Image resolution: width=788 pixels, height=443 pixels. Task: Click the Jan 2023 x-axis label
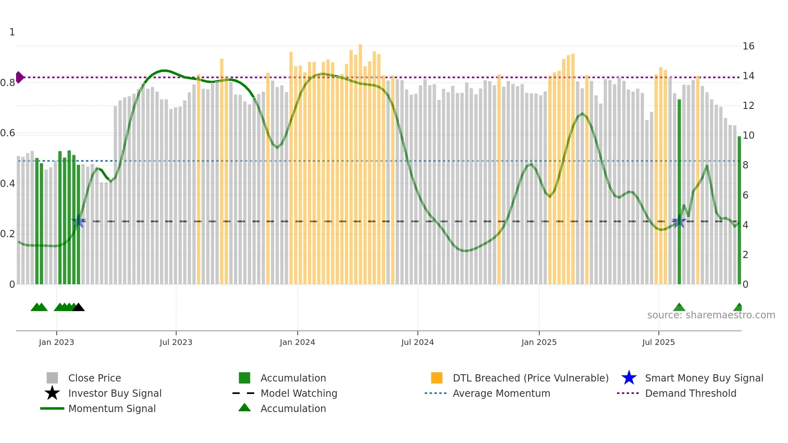(x=56, y=342)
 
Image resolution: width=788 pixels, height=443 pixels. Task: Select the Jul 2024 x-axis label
(x=417, y=342)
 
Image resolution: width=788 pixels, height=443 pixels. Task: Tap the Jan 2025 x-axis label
(x=539, y=342)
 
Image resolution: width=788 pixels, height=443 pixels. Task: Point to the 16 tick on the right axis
(x=748, y=46)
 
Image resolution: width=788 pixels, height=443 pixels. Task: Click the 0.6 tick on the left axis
(x=8, y=133)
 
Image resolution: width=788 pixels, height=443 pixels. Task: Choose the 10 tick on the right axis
(x=748, y=135)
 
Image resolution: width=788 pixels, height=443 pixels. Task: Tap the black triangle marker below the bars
(x=78, y=308)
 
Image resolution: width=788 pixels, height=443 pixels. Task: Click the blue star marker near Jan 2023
(x=78, y=221)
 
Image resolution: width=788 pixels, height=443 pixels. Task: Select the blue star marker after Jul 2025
(x=679, y=221)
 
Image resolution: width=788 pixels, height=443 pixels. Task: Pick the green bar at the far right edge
(x=739, y=209)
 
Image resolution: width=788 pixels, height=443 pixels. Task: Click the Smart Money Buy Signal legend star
(x=629, y=378)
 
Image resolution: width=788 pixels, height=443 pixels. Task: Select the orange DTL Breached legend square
(x=437, y=378)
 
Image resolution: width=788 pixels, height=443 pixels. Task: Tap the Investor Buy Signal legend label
(x=115, y=393)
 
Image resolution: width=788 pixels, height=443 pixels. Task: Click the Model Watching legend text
(x=299, y=393)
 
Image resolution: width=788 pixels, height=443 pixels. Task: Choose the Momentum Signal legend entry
(x=112, y=408)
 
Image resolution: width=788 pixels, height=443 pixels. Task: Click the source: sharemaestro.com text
(x=711, y=315)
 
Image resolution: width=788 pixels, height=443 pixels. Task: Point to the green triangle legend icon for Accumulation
(x=244, y=408)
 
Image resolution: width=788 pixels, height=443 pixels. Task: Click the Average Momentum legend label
(x=501, y=393)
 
